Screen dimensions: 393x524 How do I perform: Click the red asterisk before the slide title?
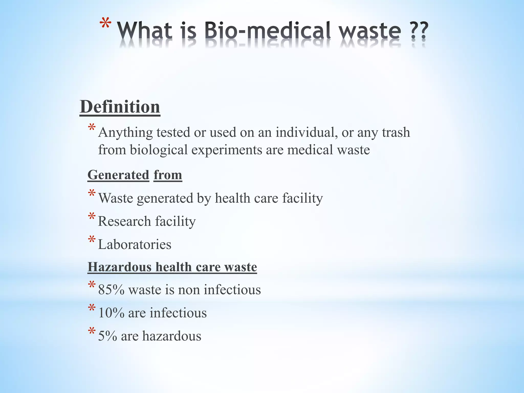tap(105, 24)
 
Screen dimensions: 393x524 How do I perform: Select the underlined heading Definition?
tap(120, 107)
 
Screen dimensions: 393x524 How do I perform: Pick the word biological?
tap(159, 150)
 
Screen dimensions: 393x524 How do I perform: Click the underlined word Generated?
tap(118, 175)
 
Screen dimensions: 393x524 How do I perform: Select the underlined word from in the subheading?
tap(168, 175)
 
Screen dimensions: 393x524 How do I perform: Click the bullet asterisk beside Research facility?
tap(92, 217)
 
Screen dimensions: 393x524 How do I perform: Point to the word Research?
tap(124, 221)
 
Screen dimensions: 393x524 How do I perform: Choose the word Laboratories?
tap(135, 244)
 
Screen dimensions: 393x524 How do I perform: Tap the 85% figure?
tap(111, 290)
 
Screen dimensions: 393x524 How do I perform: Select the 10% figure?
tap(111, 313)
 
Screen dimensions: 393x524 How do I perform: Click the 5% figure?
tap(107, 336)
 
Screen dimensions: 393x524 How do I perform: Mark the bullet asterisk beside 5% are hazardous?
tap(92, 332)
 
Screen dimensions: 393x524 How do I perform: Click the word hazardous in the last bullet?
tap(172, 336)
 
